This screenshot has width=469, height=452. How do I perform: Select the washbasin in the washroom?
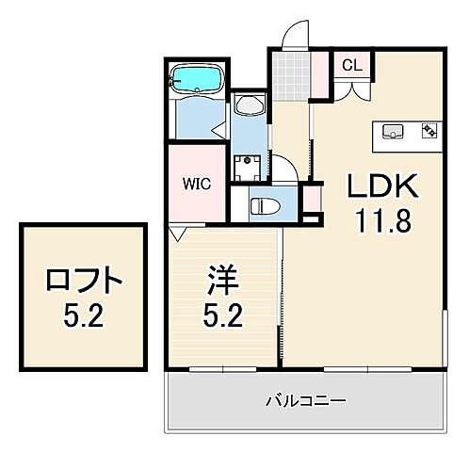tap(251, 105)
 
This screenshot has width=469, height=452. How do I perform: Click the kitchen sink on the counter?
tap(392, 130)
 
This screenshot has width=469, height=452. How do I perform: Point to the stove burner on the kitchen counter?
tap(429, 130)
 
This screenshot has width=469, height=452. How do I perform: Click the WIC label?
tap(198, 183)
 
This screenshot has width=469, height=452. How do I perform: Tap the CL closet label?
tap(350, 65)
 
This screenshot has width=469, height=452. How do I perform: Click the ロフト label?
tap(83, 280)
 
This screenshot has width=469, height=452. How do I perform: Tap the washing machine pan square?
tap(249, 169)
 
